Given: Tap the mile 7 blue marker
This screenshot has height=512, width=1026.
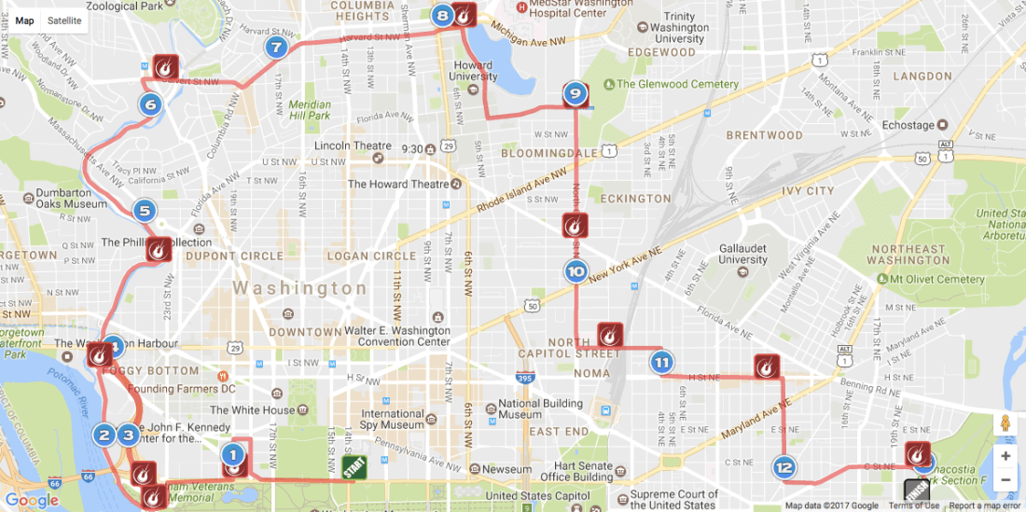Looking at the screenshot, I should pyautogui.click(x=275, y=47).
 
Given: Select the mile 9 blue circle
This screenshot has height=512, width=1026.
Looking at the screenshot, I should pyautogui.click(x=575, y=93).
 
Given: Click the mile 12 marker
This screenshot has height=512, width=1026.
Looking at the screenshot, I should pyautogui.click(x=783, y=467).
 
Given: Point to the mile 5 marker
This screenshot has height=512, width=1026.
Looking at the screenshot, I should pyautogui.click(x=144, y=211).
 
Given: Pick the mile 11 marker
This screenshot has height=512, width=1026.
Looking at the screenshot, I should pyautogui.click(x=661, y=363).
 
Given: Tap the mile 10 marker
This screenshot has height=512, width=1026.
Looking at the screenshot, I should pyautogui.click(x=575, y=272).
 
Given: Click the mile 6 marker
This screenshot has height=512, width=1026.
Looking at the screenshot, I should pyautogui.click(x=151, y=104).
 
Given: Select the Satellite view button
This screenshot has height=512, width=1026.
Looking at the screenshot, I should pyautogui.click(x=64, y=21).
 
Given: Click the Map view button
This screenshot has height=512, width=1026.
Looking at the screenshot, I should pyautogui.click(x=25, y=21).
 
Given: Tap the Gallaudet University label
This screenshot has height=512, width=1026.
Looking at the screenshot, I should pyautogui.click(x=743, y=254).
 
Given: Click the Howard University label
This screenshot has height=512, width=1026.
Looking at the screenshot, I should pyautogui.click(x=473, y=71).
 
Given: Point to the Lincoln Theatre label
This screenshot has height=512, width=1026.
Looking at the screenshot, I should pyautogui.click(x=353, y=145).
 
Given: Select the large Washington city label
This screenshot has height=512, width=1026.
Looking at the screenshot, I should pyautogui.click(x=299, y=288).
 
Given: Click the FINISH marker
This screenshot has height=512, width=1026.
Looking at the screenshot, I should pyautogui.click(x=916, y=491).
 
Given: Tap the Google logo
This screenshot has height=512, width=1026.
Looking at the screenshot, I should pyautogui.click(x=32, y=500).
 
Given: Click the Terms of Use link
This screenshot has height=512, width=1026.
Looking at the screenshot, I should pyautogui.click(x=914, y=505).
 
